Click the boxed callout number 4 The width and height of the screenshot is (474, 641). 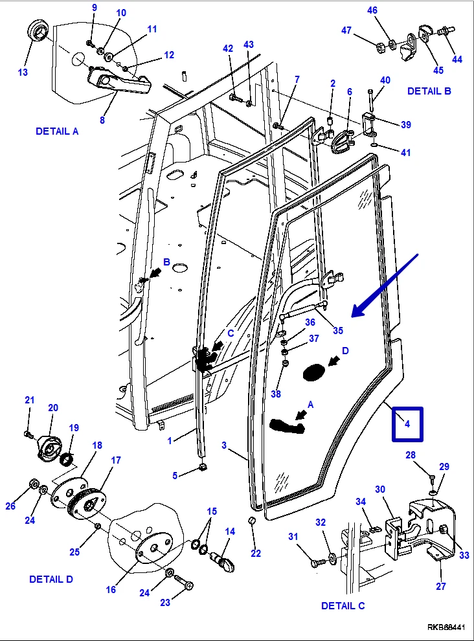(407, 423)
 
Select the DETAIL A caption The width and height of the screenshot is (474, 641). (57, 131)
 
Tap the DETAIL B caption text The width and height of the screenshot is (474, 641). (429, 91)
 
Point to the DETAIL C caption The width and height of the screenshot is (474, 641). (343, 606)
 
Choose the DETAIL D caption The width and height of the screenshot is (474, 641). (51, 579)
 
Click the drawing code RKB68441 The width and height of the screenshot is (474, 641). (446, 628)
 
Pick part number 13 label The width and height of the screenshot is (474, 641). (23, 72)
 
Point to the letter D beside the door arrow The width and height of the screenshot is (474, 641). (345, 350)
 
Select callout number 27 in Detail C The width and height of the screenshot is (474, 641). (440, 587)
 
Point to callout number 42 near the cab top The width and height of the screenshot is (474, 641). (227, 49)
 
